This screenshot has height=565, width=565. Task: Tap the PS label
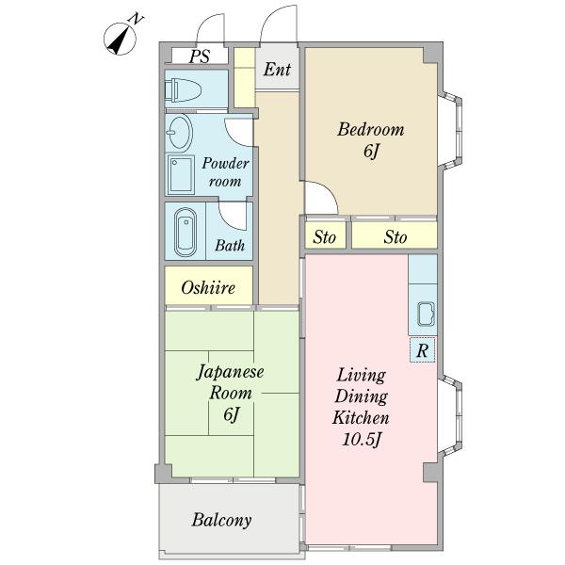point(200,56)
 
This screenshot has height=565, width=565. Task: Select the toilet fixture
point(183,89)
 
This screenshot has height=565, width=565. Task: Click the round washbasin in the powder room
point(180,132)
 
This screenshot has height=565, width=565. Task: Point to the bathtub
point(186,232)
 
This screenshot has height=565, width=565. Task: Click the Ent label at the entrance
point(277,69)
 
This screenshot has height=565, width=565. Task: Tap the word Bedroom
point(370,130)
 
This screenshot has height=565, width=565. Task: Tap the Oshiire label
point(208,287)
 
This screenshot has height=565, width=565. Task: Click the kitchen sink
point(426,315)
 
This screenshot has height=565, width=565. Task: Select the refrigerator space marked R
point(422,349)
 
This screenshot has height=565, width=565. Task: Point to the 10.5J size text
point(361,440)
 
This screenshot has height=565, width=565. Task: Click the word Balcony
point(221,520)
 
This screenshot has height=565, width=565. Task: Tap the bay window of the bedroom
point(450,131)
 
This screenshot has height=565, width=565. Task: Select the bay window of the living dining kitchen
point(450,414)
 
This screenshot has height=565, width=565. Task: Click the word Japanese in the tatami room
point(231,372)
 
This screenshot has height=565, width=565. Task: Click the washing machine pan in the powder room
point(181,175)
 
